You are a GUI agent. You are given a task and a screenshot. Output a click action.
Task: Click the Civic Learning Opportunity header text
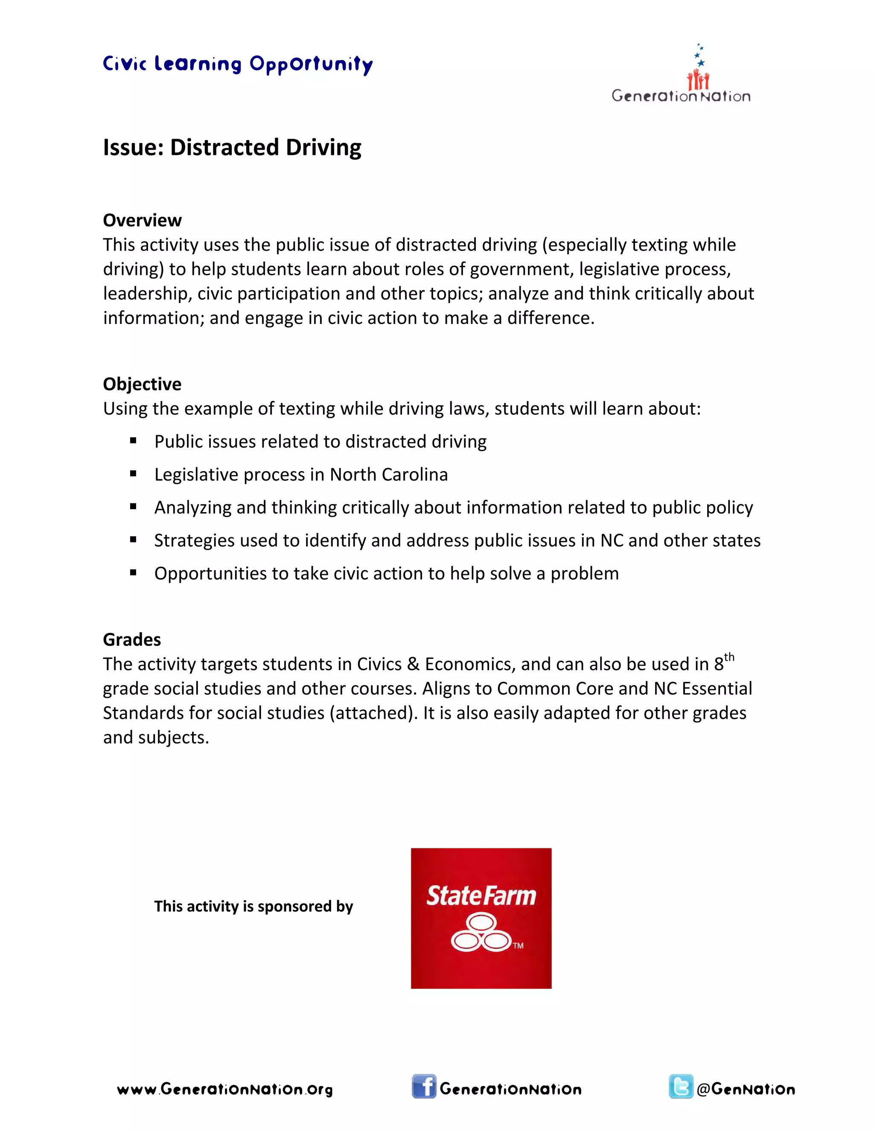click(238, 64)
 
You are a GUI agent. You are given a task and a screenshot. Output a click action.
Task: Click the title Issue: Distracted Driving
click(232, 147)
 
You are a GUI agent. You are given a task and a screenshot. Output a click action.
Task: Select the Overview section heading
click(143, 220)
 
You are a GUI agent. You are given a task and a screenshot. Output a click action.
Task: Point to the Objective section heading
click(143, 384)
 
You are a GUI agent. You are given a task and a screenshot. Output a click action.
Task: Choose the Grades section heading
click(132, 640)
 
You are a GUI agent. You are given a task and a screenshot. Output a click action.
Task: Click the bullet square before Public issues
click(133, 441)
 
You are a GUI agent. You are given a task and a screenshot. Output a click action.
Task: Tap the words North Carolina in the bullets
click(389, 474)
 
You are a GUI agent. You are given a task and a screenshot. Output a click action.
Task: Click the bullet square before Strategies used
click(133, 540)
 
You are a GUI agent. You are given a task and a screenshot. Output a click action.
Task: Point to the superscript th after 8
click(729, 658)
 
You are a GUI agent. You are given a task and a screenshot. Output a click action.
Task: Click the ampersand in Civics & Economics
click(413, 665)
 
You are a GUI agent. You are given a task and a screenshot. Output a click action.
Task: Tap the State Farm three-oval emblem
click(481, 932)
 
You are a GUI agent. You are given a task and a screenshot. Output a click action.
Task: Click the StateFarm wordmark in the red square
click(481, 896)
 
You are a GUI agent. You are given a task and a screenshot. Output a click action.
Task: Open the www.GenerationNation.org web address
click(225, 1089)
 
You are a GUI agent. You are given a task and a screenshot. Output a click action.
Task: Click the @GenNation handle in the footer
click(746, 1089)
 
